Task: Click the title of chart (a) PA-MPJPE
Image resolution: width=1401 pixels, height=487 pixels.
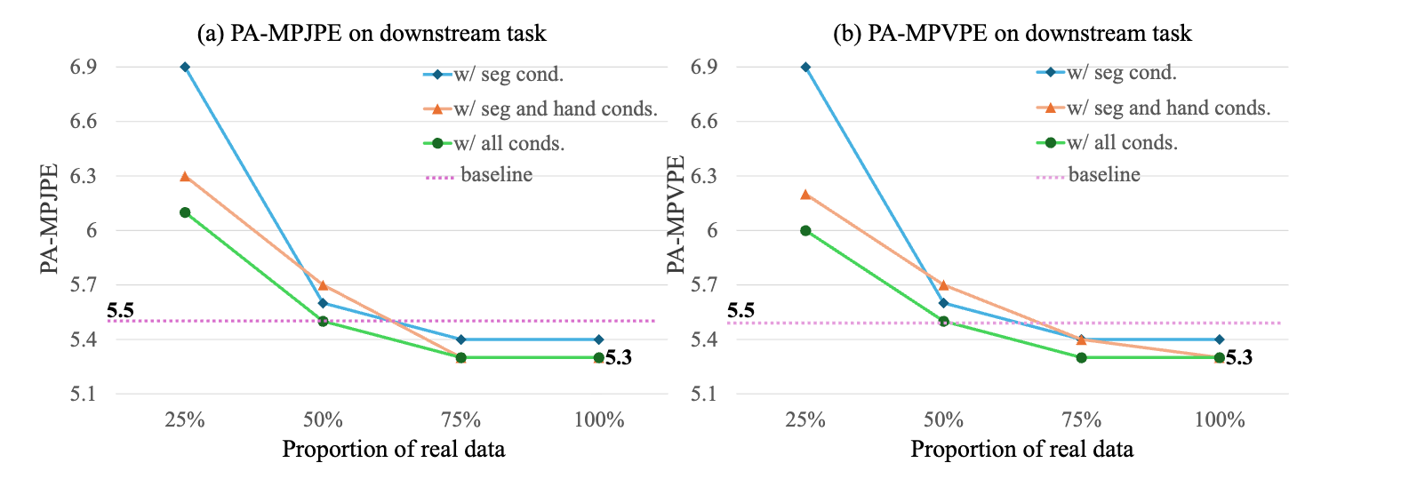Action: (x=371, y=34)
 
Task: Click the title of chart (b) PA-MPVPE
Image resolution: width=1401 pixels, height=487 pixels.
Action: (x=1012, y=34)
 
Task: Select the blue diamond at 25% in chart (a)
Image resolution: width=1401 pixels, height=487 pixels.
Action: (x=185, y=67)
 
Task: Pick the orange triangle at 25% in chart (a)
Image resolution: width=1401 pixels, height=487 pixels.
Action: (x=185, y=176)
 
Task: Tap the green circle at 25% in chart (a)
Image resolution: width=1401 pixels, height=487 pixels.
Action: (x=185, y=212)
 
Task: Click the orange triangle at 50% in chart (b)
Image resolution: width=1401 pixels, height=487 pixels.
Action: (x=944, y=285)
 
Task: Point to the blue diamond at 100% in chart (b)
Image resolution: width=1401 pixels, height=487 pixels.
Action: (x=1220, y=339)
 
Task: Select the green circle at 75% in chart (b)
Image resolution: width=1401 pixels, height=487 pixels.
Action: (x=1082, y=357)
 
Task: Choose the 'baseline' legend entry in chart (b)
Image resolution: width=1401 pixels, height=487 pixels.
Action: (x=1103, y=175)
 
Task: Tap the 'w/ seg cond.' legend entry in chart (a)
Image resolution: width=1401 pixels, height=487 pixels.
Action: (x=508, y=74)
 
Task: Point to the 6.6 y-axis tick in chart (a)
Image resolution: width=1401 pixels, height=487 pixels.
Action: (x=84, y=122)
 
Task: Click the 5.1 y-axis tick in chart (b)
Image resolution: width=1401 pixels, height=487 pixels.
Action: (x=704, y=394)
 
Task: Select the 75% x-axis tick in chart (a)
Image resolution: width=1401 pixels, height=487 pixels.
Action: (x=460, y=420)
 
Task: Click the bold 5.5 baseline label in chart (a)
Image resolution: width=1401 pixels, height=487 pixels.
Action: (x=120, y=311)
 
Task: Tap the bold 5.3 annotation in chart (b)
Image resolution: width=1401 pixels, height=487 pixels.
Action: (x=1238, y=358)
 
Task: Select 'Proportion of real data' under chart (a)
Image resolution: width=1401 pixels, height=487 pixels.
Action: (x=393, y=450)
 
